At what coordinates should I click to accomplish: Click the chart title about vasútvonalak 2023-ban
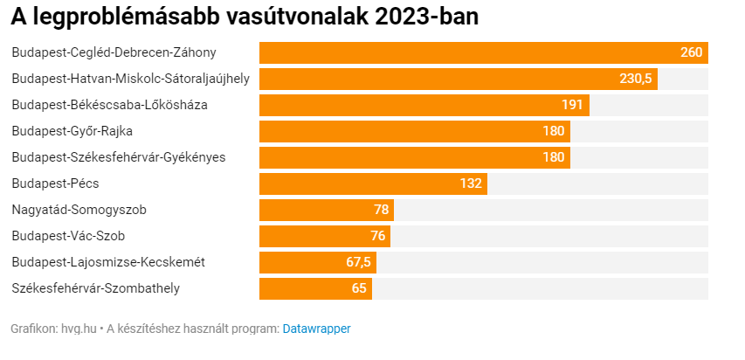coord(245,17)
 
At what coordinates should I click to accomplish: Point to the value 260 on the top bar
coord(692,52)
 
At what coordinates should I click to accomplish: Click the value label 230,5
coord(636,79)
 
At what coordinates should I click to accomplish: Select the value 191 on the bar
coord(572,105)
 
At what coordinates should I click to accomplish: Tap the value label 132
coord(471,183)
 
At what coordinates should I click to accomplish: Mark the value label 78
coord(381,210)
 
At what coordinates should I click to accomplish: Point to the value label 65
coord(359,288)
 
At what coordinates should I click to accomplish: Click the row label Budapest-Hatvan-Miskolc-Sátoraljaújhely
coord(130,79)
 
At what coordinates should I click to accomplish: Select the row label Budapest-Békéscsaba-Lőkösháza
coord(109,105)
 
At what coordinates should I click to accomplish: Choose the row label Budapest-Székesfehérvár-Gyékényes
coord(119,157)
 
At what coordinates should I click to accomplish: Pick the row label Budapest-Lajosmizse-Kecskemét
coord(108,262)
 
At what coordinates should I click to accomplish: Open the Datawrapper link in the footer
coord(316,329)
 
